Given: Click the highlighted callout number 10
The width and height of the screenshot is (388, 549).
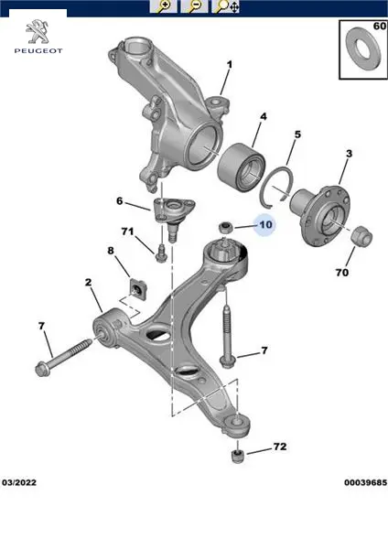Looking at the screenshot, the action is click(x=265, y=224).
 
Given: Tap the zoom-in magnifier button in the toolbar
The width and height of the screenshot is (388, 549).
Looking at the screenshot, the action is click(x=163, y=6).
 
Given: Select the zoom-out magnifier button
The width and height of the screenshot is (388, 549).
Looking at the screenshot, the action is click(x=194, y=6).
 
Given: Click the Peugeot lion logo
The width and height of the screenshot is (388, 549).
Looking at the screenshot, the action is click(x=38, y=32).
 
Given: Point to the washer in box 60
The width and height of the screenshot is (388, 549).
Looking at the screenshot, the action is click(x=363, y=48).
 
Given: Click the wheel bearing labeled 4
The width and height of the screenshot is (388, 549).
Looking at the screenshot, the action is click(x=241, y=165).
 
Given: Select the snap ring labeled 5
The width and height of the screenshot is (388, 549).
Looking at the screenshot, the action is click(x=276, y=185).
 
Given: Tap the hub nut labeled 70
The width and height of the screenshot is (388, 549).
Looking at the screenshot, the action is click(x=361, y=236).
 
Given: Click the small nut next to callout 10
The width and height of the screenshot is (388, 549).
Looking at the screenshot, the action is click(x=224, y=228).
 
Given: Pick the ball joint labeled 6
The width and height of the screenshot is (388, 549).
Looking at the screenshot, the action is click(x=173, y=215).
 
